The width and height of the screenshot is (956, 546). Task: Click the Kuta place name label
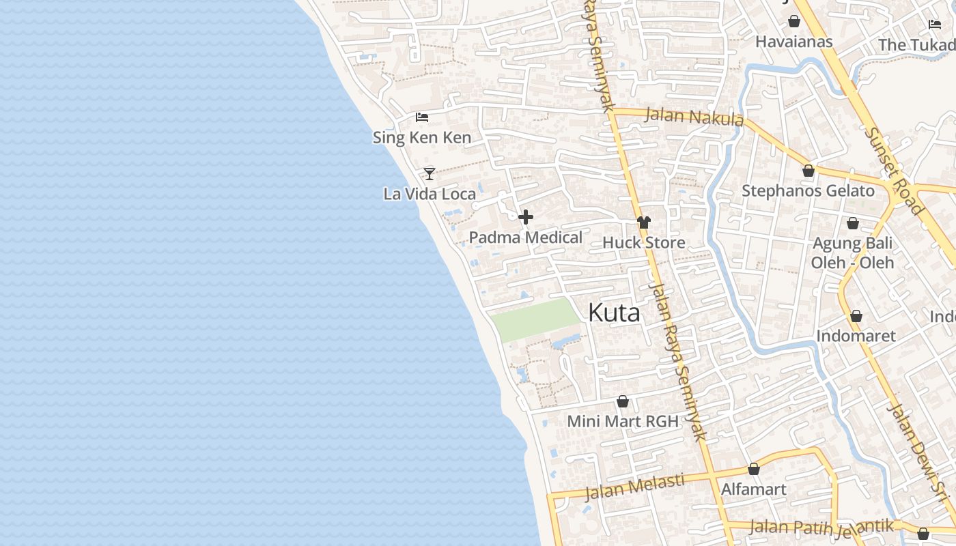click(x=614, y=313)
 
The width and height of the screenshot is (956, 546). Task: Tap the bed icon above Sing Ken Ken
click(x=422, y=117)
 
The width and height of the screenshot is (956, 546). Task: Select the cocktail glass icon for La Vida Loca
click(x=430, y=173)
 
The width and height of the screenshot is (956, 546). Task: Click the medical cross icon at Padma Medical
click(x=526, y=218)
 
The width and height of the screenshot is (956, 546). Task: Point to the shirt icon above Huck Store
click(x=643, y=222)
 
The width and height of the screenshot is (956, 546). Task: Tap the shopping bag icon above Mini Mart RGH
click(x=622, y=401)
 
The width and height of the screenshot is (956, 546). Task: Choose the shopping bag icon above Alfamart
click(x=754, y=469)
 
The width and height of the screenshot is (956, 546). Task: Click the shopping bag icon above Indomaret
click(x=856, y=316)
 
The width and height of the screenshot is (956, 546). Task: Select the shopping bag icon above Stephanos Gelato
click(x=809, y=171)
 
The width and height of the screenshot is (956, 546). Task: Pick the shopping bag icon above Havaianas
click(x=794, y=22)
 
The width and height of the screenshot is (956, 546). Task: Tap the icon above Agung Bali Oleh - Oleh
click(x=852, y=223)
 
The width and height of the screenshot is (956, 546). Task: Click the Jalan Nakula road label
click(x=694, y=117)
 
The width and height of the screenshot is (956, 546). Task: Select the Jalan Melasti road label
click(x=634, y=486)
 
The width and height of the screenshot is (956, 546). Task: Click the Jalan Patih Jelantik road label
click(x=821, y=526)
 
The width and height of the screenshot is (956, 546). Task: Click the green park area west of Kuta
click(x=537, y=319)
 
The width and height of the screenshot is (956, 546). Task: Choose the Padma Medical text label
click(x=525, y=238)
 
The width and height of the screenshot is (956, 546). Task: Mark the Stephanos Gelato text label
click(x=808, y=190)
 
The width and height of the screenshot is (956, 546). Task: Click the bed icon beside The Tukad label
click(x=935, y=25)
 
